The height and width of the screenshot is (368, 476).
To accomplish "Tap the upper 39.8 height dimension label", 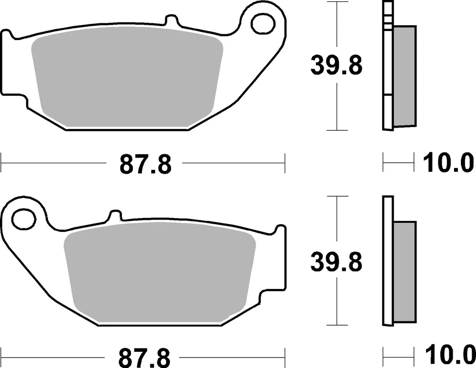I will point(337,66).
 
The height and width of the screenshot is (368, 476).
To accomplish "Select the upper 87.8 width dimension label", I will point(145,165).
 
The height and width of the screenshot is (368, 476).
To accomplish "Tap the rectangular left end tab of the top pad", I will point(9,67).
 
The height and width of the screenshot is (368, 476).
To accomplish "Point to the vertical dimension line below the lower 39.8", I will point(337,300).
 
